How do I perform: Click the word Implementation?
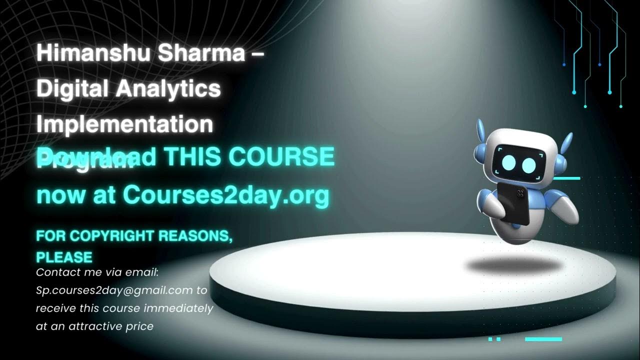coord(124,124)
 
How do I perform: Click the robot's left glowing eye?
coord(508,162)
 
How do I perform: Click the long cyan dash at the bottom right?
coord(543,339)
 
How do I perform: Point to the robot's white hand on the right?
coord(565,209)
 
